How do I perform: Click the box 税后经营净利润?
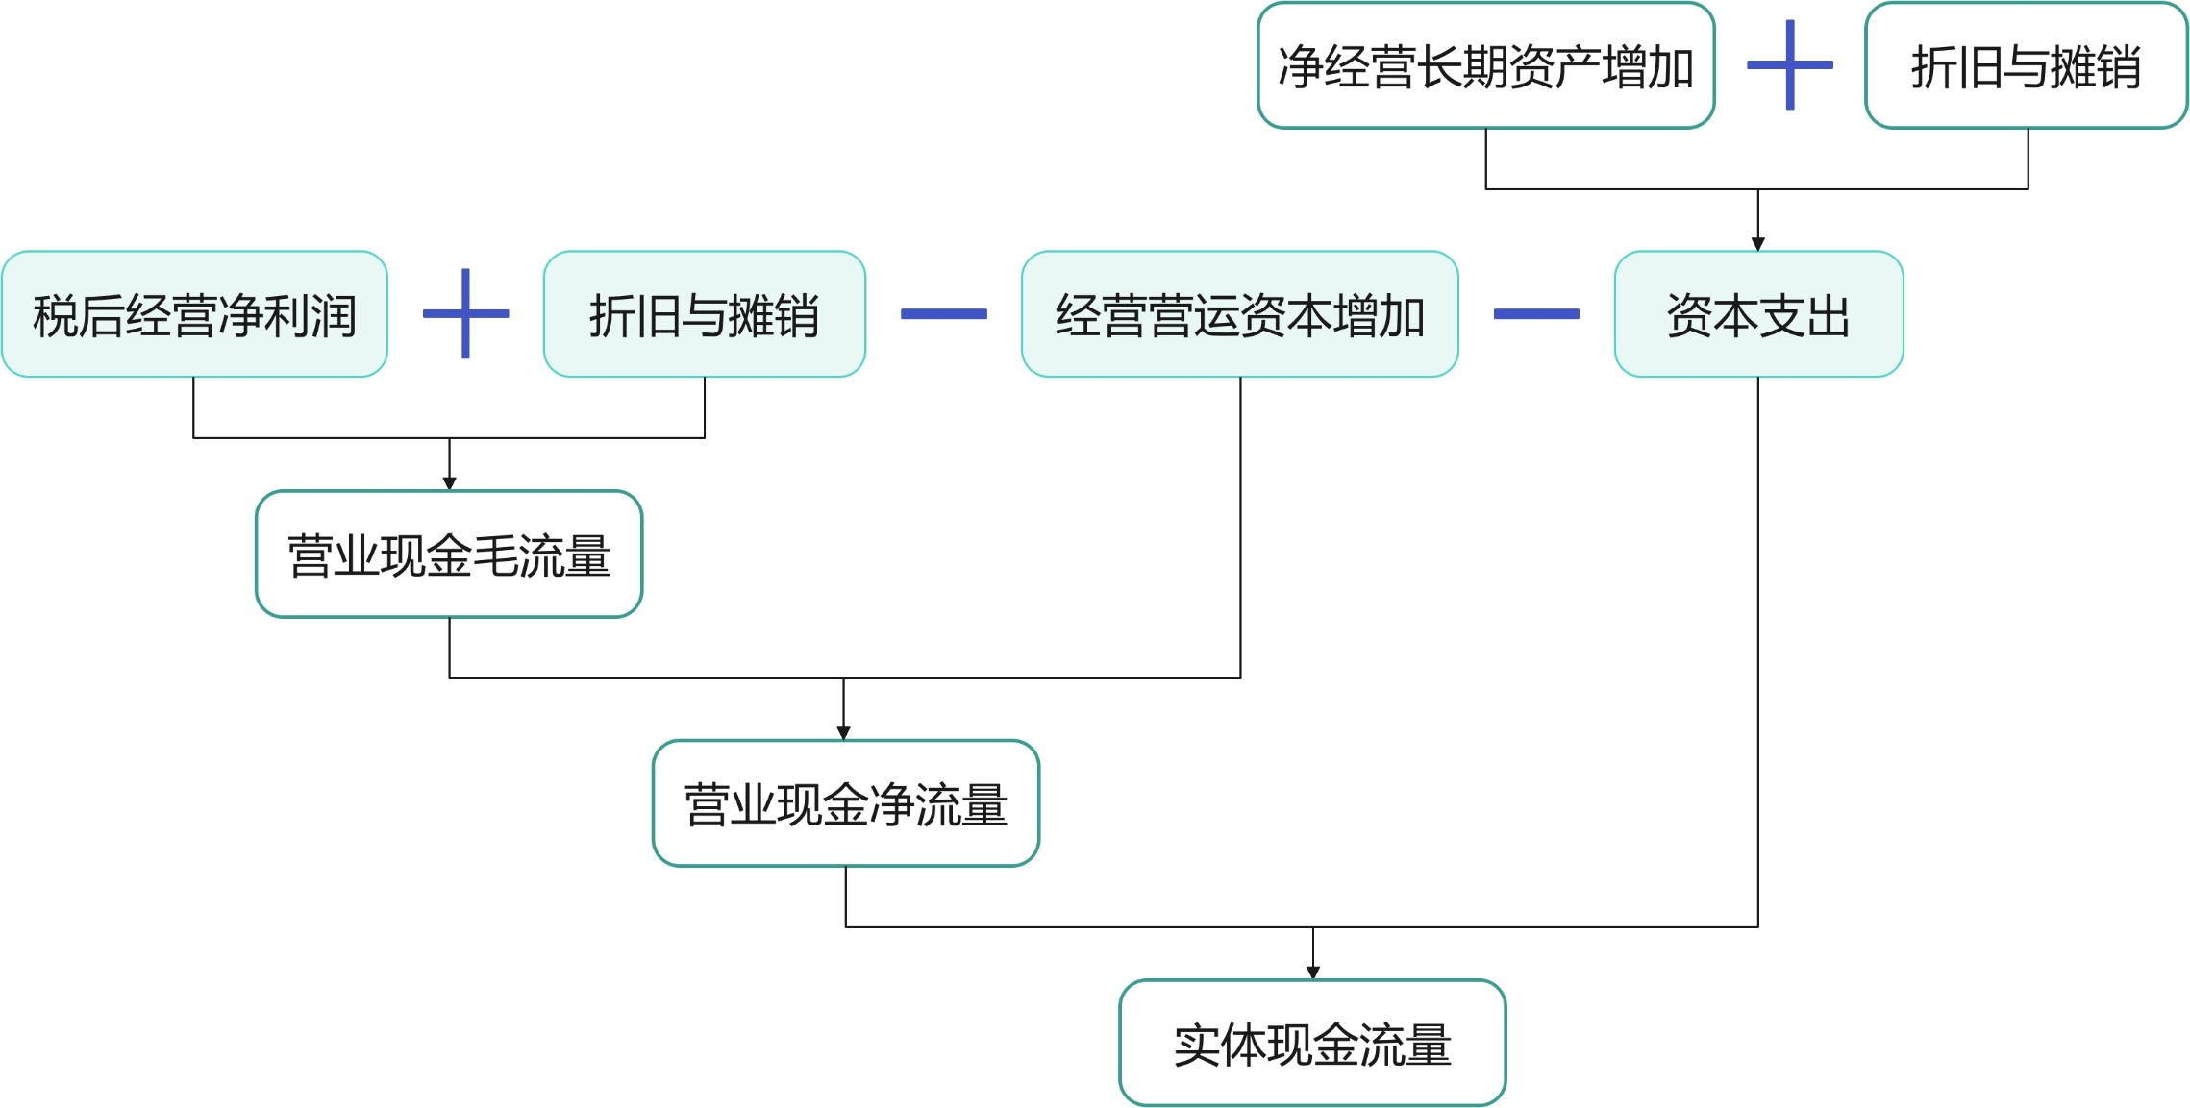194,314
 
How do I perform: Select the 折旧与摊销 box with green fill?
704,314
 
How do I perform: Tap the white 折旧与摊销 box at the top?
2026,65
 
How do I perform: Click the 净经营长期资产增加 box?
1485,65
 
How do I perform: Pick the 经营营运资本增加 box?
1239,314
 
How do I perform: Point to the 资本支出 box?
1758,314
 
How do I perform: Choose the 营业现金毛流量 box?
449,554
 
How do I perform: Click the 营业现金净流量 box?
845,803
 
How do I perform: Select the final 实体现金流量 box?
1312,1044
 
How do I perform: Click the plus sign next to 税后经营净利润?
465,313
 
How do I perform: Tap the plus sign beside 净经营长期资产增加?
1789,65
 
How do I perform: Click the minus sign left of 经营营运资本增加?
943,314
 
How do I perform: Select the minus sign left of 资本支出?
1536,314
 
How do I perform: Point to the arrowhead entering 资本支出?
1758,245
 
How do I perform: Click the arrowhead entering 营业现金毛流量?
449,484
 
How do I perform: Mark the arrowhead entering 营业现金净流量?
844,733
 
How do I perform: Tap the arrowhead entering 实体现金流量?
1313,973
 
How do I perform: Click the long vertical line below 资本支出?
1758,653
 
